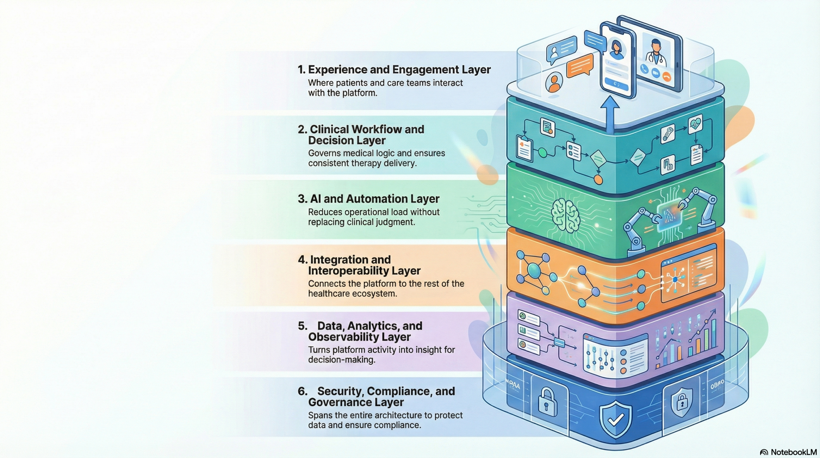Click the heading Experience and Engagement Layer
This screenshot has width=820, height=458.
(394, 70)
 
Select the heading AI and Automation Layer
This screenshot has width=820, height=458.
(368, 199)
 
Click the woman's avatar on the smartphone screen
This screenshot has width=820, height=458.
(616, 50)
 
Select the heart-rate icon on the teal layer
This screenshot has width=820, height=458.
(695, 124)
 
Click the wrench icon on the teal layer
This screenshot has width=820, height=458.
(668, 133)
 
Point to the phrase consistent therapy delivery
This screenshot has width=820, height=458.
(362, 163)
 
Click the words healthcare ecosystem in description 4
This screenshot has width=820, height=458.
(352, 294)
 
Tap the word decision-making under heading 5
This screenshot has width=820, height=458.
(341, 360)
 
